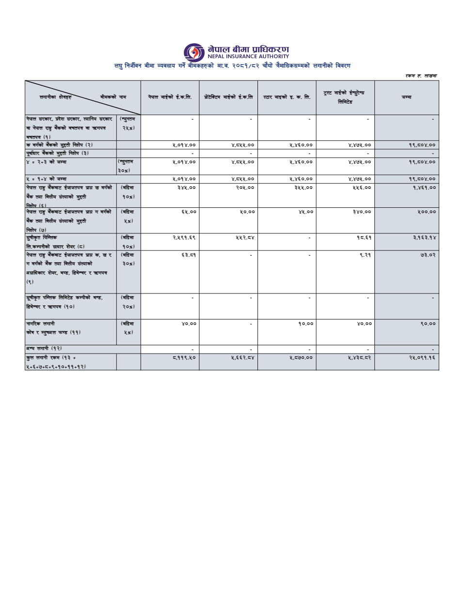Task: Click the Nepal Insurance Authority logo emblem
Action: (194, 52)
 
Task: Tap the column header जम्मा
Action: (406, 97)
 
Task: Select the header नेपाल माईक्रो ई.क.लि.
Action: (170, 97)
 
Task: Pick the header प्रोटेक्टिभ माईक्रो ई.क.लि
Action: (228, 97)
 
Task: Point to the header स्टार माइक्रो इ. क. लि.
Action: (287, 97)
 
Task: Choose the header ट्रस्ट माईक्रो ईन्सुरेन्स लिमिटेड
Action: (345, 97)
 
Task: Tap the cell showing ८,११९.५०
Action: (184, 358)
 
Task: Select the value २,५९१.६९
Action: (184, 238)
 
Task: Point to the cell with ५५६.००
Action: (362, 187)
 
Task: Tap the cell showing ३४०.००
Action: (362, 212)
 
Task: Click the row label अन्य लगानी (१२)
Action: (45, 348)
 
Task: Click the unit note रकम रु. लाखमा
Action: (420, 76)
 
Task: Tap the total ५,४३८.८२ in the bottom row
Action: (359, 358)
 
